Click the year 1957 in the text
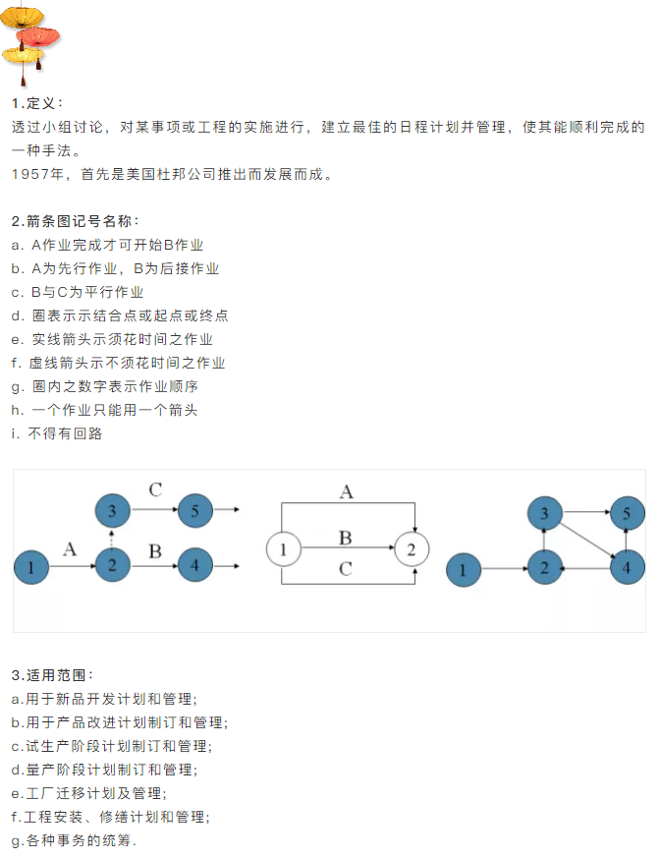tap(29, 175)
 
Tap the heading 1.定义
tap(37, 103)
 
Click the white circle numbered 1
tap(283, 548)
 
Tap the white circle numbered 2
tap(412, 548)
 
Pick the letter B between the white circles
tap(345, 538)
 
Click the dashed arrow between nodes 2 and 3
tap(113, 539)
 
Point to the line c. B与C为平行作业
tap(78, 292)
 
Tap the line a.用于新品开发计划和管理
tap(104, 699)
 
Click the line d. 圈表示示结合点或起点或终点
tap(120, 315)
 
